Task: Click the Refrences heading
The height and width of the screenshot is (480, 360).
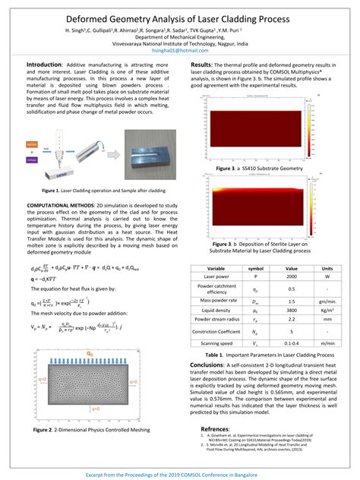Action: pyautogui.click(x=215, y=429)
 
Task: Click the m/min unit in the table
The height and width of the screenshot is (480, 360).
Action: pyautogui.click(x=327, y=343)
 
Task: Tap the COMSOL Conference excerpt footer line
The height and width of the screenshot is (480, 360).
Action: pyautogui.click(x=179, y=472)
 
